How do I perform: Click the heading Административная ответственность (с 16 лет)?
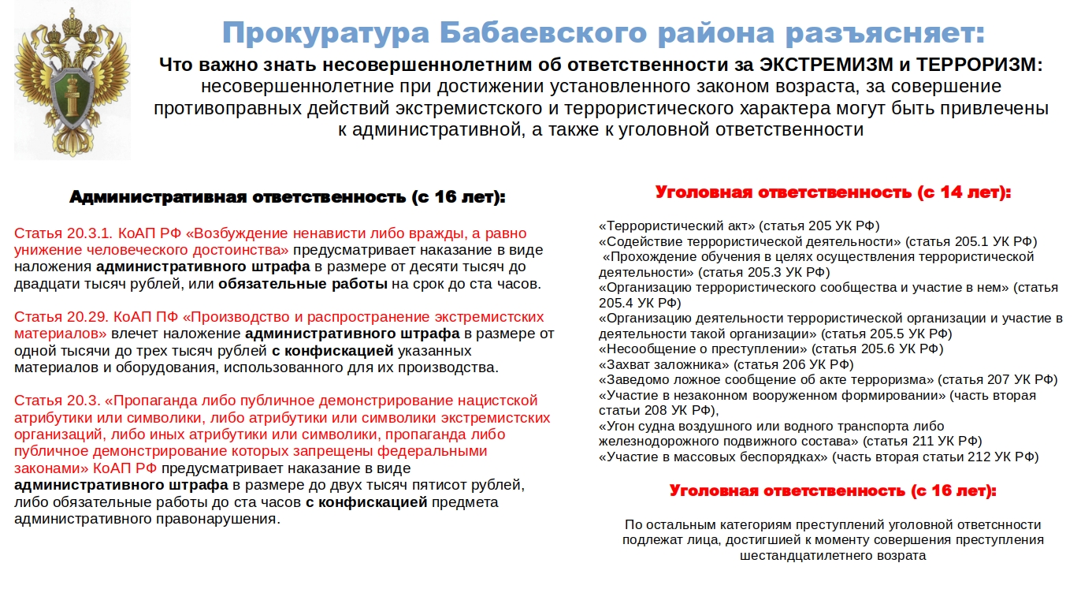[287, 197]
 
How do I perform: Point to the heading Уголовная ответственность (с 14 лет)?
[833, 192]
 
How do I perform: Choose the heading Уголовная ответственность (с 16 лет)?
[833, 491]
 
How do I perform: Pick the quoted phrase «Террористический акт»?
[677, 226]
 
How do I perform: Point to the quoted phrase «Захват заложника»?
[663, 364]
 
